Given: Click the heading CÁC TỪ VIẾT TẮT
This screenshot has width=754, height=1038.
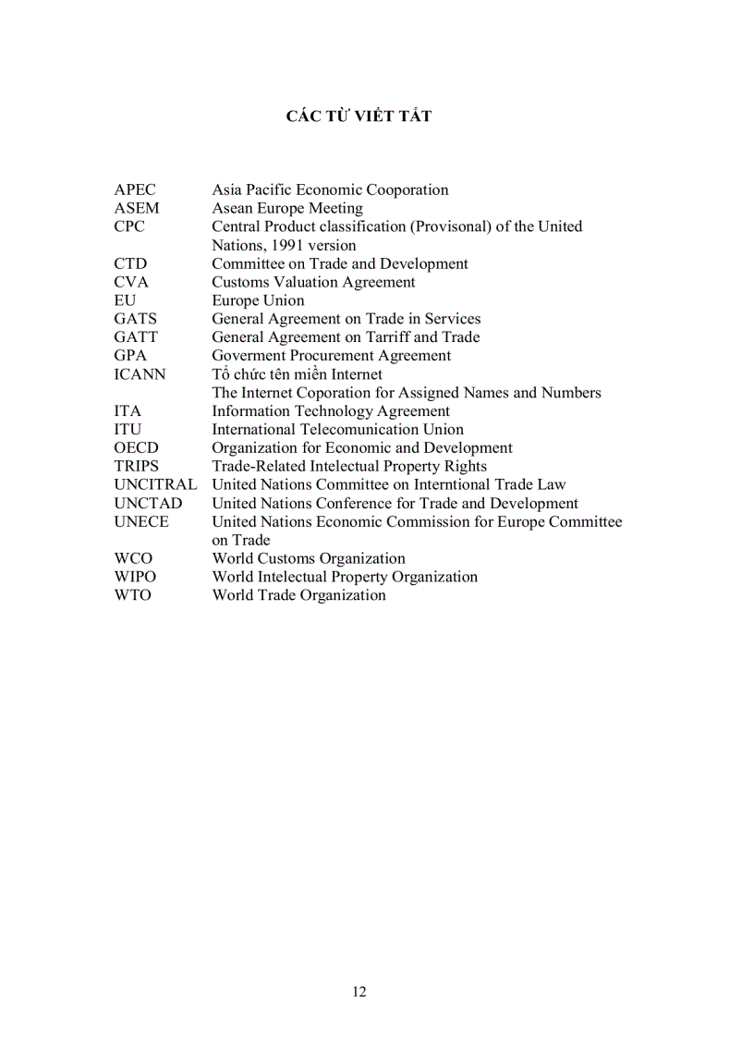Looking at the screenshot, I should (359, 116).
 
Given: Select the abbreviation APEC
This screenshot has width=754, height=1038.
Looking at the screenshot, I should (136, 190).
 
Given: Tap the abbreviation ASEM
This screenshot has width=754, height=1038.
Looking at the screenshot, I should (137, 209).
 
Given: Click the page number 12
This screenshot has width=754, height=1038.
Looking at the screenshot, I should (359, 992).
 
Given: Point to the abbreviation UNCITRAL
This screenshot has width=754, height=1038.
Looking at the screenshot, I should (155, 485).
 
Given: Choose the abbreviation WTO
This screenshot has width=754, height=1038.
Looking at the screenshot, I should (133, 596).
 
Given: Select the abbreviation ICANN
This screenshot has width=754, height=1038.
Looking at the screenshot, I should (140, 374).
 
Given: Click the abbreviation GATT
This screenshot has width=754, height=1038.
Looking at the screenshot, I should (136, 337).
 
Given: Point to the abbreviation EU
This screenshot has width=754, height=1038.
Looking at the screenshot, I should (125, 301).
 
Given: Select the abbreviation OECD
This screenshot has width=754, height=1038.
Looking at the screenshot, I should (136, 448).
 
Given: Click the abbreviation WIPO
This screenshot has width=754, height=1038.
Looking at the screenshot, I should (135, 578).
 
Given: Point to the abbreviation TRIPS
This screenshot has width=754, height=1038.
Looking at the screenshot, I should (137, 467).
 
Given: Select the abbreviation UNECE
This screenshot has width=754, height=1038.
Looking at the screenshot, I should (141, 522).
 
